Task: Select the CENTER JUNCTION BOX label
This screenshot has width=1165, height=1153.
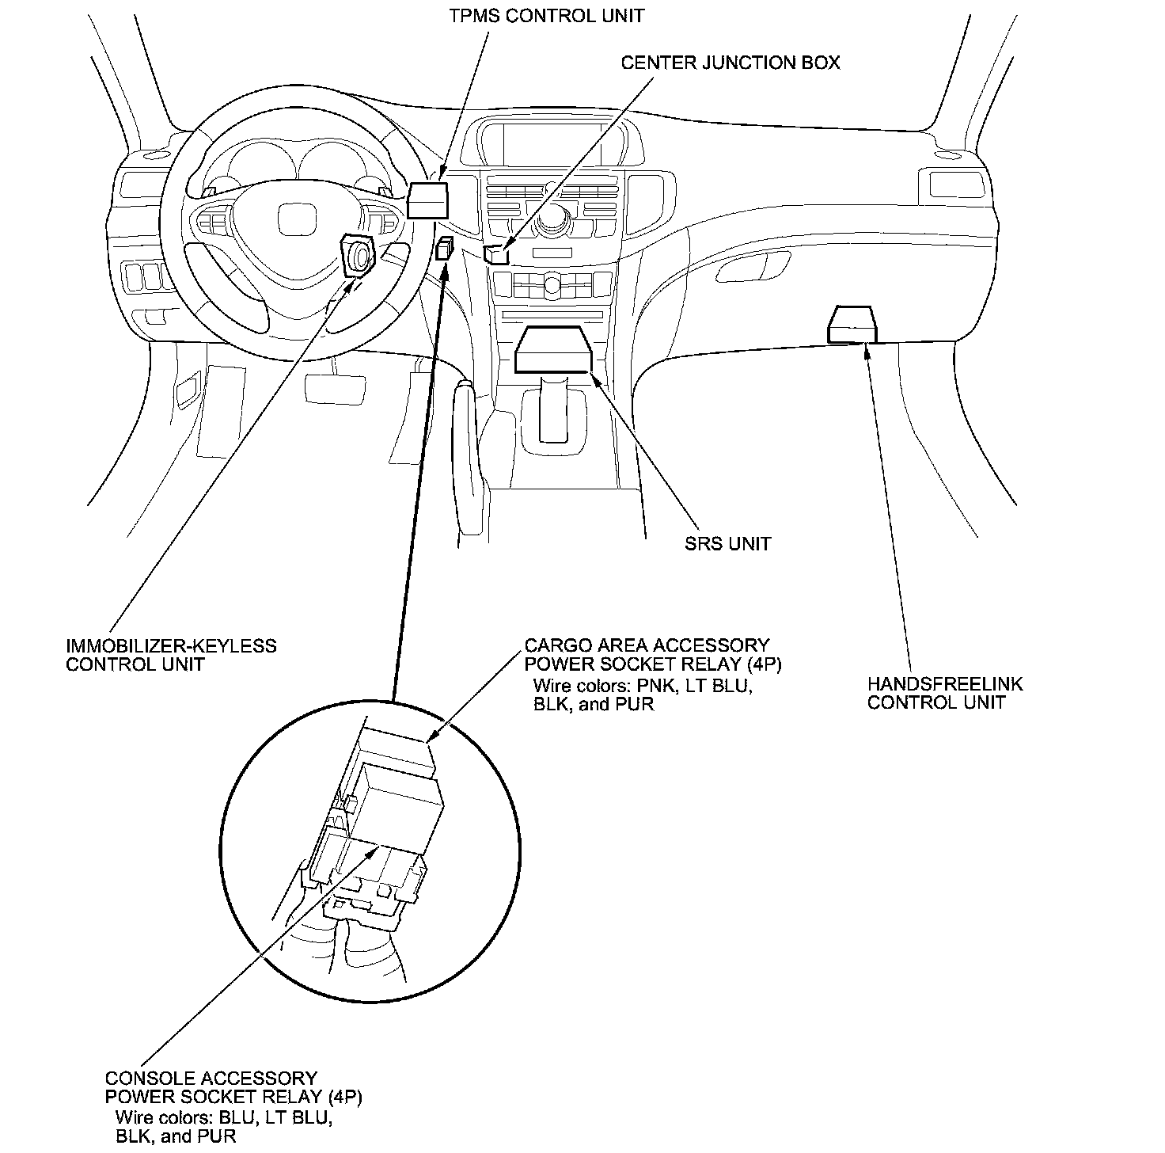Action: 730,63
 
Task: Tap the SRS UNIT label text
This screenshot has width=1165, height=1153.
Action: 727,543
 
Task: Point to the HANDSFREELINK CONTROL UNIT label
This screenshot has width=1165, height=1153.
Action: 945,693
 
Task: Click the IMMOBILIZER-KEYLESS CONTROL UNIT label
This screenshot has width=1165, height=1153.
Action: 171,655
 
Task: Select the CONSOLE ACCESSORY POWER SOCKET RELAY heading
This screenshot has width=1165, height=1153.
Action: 233,1087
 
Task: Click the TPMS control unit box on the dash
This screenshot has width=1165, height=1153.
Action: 427,200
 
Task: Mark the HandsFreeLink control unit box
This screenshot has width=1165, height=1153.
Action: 852,324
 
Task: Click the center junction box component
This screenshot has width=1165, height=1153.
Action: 495,254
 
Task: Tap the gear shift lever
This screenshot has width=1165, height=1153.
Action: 553,408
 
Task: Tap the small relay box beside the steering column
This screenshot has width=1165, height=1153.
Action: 445,249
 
